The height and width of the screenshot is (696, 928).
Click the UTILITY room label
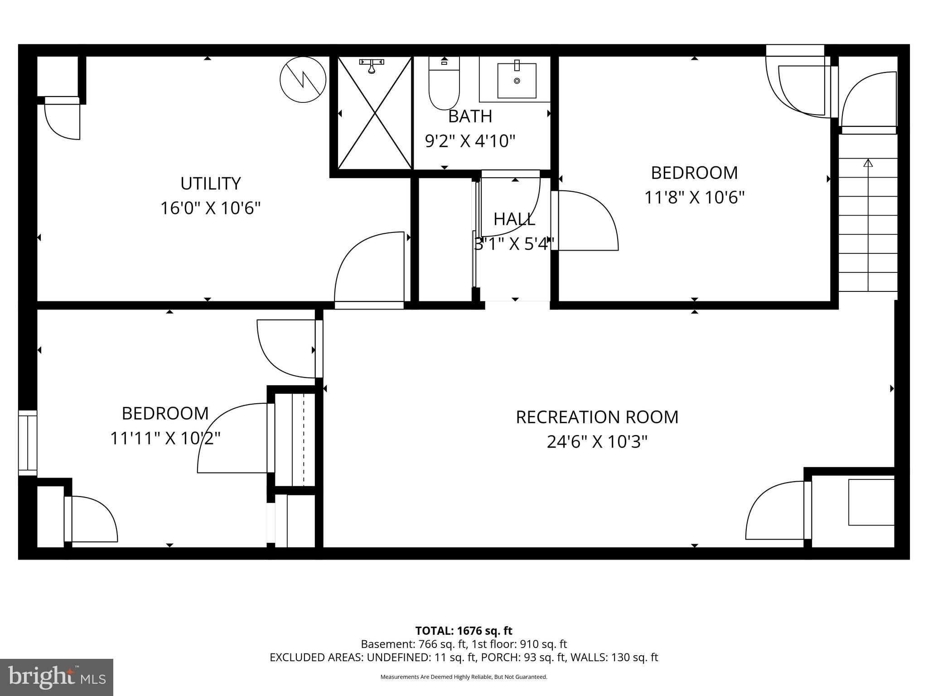210,184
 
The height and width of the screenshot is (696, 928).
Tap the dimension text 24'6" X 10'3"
597,441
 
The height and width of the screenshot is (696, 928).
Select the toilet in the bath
444,86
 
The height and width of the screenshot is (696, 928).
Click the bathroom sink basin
517,81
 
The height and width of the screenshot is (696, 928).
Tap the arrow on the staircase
868,164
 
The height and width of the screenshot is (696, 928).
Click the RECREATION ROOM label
597,417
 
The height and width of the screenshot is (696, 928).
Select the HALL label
514,219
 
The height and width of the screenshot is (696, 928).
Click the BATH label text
470,116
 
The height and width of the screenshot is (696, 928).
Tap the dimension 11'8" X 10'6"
694,198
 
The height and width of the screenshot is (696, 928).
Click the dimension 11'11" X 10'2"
165,438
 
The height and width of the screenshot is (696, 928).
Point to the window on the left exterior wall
27,443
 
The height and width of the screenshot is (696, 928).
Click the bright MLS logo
56,677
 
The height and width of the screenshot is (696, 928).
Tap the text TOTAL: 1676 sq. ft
464,631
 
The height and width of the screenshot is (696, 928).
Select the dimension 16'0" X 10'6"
210,208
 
